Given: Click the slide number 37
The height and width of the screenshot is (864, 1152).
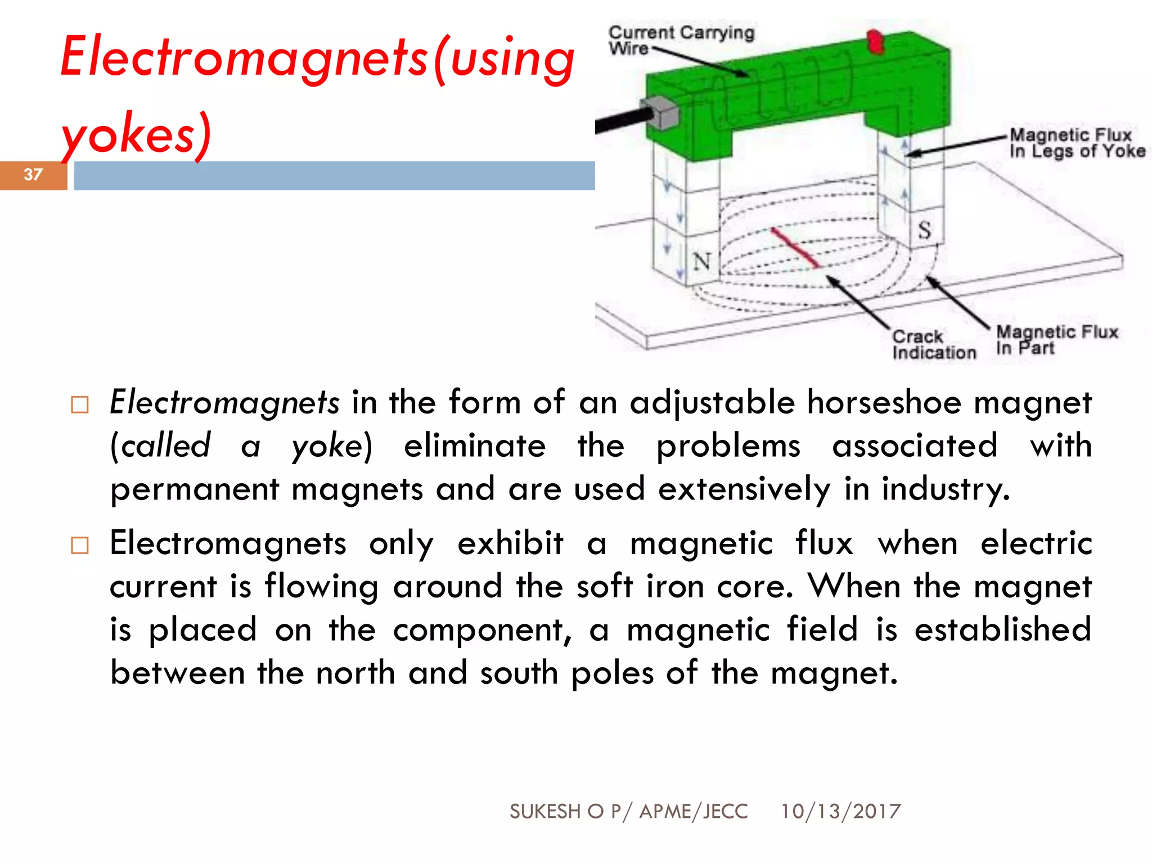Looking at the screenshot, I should click(33, 174).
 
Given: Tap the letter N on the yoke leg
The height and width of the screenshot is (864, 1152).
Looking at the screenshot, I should click(701, 262).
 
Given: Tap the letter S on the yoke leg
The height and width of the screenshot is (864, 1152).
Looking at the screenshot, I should click(924, 229).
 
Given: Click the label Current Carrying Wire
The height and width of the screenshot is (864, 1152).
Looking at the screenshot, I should click(681, 40).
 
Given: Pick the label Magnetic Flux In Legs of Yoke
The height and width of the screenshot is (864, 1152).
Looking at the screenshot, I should click(1077, 143).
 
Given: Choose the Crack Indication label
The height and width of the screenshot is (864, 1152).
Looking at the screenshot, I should click(933, 344).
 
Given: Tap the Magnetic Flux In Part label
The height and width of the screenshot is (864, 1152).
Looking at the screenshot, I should click(1056, 340).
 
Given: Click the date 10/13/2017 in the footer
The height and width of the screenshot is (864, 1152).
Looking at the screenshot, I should click(840, 811).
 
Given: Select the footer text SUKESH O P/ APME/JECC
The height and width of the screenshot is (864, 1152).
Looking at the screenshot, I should click(628, 811).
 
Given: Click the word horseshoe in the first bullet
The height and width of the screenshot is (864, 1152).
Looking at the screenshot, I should click(884, 402).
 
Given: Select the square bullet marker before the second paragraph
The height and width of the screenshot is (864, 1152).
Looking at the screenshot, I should click(80, 545).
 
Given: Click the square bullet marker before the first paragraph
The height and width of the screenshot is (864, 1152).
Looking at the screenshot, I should click(80, 404).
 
